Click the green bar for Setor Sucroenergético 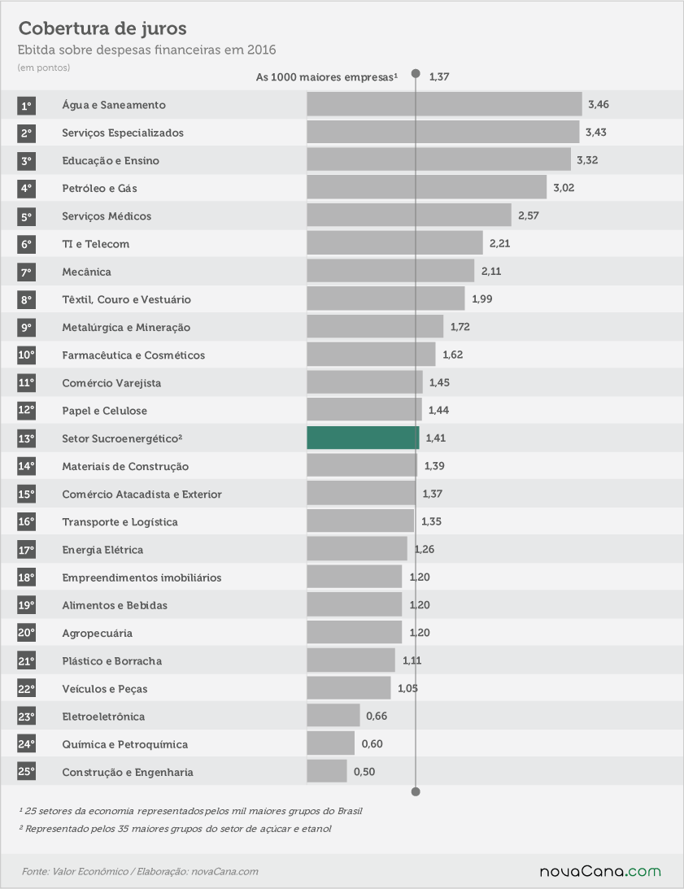click(x=363, y=438)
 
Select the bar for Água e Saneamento click(x=445, y=104)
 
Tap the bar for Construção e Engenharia click(x=327, y=771)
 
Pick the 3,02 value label click(x=564, y=188)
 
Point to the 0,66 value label click(x=377, y=716)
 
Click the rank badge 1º click(x=26, y=106)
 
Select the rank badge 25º click(x=26, y=771)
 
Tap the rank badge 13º click(x=26, y=438)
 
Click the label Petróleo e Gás click(x=100, y=188)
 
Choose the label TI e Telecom click(x=96, y=244)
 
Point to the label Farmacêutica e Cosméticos click(x=134, y=355)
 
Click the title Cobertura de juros click(x=102, y=28)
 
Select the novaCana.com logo click(x=600, y=871)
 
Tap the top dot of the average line click(x=416, y=74)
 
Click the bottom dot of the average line click(x=416, y=791)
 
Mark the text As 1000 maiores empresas click(x=327, y=76)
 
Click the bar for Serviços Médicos click(x=409, y=216)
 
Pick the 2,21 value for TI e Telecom click(x=499, y=243)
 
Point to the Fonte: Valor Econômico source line click(x=140, y=871)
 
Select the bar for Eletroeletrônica click(x=333, y=716)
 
